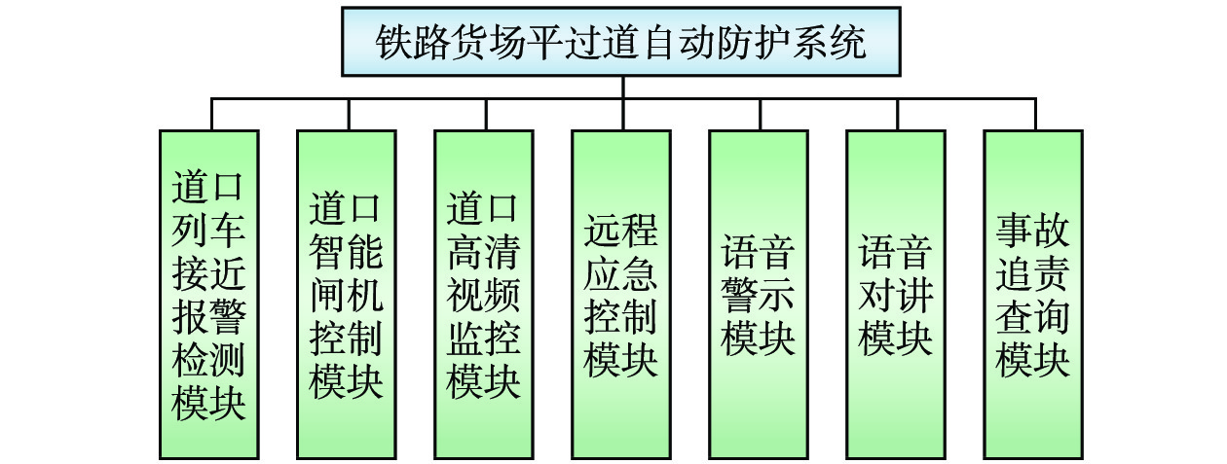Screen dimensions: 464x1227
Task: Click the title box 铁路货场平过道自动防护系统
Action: [x=620, y=42]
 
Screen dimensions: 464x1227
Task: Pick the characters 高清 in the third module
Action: [x=484, y=254]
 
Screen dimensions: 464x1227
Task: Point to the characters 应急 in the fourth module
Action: [x=621, y=274]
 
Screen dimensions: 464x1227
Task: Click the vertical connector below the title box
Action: [x=621, y=87]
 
